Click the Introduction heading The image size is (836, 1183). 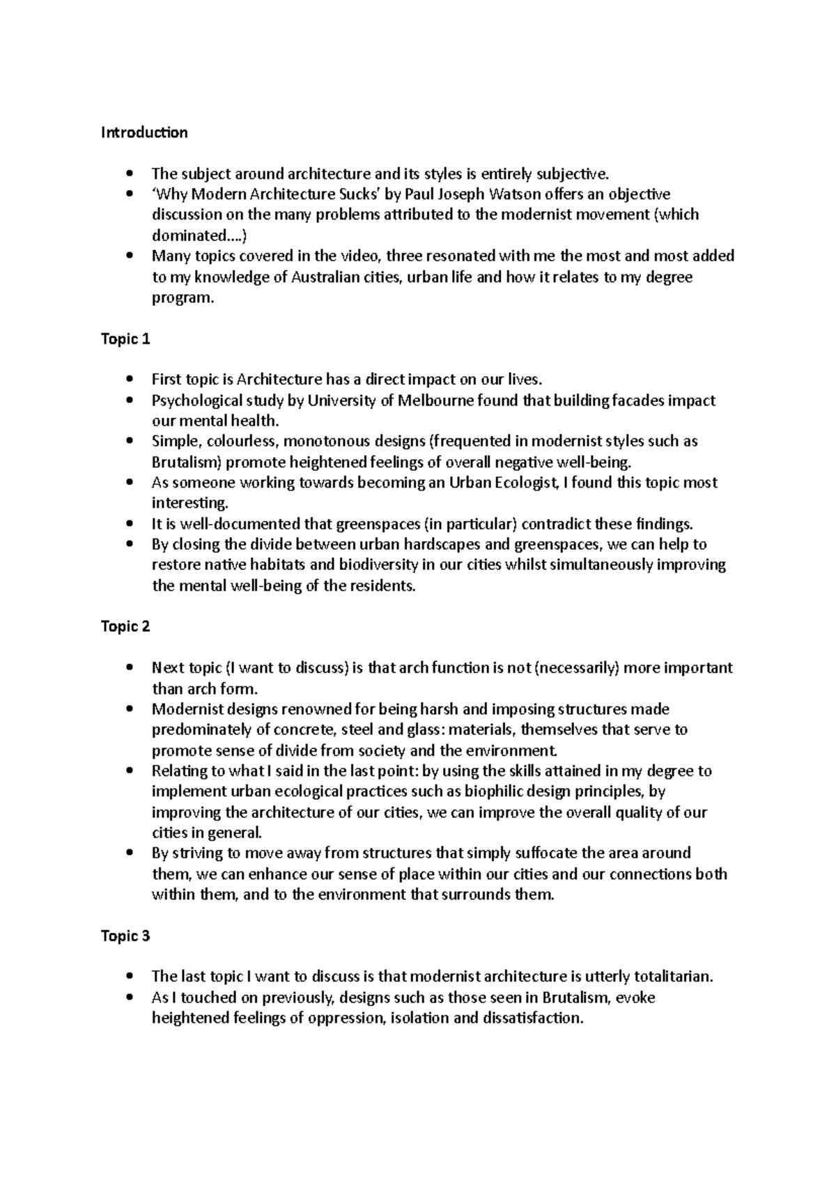144,132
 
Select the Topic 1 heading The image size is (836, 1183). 125,339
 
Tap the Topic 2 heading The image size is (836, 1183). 125,626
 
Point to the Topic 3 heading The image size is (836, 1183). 125,936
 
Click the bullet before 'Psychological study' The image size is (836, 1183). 130,401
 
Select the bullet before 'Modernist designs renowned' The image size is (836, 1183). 130,709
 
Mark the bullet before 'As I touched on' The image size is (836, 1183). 130,998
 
